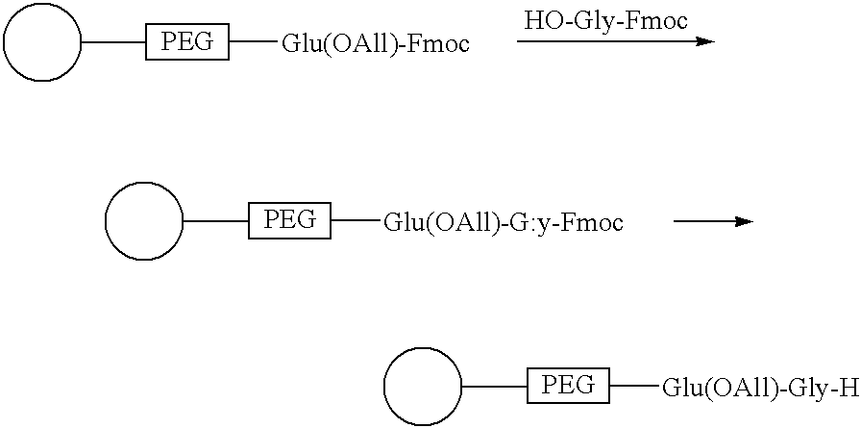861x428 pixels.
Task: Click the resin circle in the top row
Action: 41,42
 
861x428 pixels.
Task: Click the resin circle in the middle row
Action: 144,221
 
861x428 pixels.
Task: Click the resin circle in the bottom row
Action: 423,387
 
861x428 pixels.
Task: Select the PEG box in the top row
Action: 187,41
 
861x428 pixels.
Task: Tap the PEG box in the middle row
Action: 290,220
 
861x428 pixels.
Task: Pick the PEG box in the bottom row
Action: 568,387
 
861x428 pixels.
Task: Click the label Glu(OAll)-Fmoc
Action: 376,43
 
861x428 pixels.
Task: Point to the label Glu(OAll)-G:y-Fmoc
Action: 504,223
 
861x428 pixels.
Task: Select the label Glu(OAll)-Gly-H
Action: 760,389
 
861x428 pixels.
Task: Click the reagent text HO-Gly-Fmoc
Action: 606,22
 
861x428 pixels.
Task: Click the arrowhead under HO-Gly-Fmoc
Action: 705,41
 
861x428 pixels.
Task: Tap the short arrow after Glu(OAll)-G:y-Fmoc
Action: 713,221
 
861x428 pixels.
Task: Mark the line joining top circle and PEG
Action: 113,41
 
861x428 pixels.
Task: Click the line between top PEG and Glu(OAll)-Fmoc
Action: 255,41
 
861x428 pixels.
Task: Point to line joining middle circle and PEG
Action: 216,221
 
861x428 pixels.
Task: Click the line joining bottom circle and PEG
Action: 495,387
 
